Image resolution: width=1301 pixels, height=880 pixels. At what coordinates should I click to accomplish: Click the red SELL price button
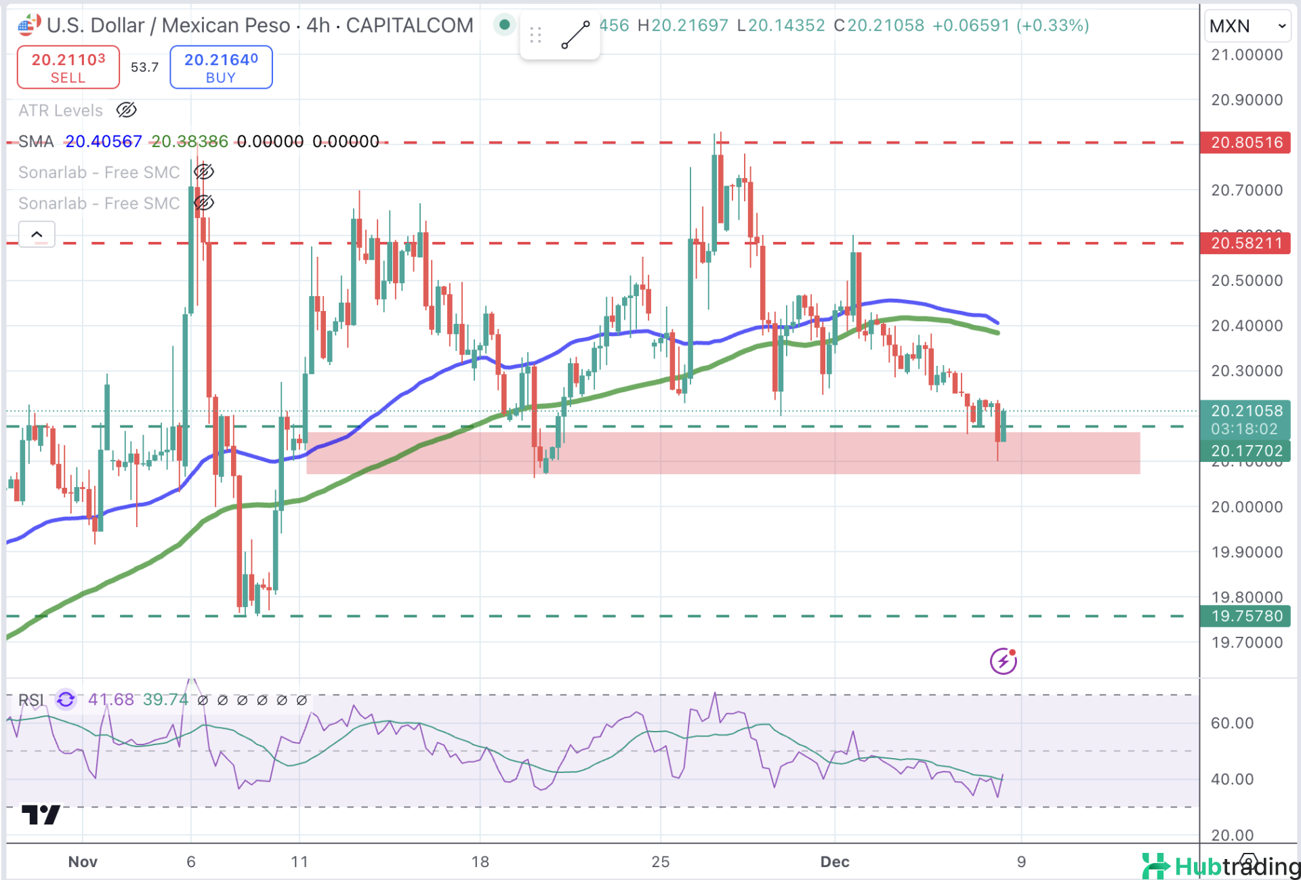click(68, 67)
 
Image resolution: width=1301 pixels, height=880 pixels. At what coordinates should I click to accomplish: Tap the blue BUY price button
click(221, 67)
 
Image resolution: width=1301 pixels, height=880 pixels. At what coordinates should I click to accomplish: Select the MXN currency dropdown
click(1247, 26)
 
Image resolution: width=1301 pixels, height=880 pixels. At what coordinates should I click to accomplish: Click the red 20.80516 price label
click(1245, 143)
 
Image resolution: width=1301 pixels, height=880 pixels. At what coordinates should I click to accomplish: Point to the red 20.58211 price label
click(1245, 243)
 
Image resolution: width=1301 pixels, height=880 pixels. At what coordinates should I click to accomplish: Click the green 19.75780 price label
click(1245, 616)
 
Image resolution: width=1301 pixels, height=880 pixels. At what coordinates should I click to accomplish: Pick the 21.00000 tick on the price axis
click(1247, 55)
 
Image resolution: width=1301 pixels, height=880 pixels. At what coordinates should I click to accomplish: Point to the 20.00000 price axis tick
click(1247, 507)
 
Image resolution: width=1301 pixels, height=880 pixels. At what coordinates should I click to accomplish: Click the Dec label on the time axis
click(834, 862)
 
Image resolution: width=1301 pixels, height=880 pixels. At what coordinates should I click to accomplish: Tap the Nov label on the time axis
click(83, 862)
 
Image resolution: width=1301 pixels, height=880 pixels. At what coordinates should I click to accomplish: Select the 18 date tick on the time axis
click(480, 862)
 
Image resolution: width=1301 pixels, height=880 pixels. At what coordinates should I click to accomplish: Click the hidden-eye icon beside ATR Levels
click(127, 110)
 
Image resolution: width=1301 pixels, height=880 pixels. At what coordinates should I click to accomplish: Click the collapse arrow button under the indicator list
click(37, 234)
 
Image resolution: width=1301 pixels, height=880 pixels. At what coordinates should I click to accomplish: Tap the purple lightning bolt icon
click(1003, 661)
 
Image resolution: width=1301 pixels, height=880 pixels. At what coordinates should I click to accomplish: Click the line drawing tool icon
click(575, 35)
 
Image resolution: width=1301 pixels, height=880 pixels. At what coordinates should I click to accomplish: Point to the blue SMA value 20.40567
click(104, 142)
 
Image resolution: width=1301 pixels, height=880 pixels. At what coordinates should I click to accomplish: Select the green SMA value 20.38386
click(190, 142)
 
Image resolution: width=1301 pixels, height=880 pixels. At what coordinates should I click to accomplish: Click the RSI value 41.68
click(111, 699)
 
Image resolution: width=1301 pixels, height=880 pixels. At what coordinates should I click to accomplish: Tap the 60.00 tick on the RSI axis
click(1232, 723)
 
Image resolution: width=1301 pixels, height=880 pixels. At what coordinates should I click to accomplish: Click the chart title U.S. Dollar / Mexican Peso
click(169, 26)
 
